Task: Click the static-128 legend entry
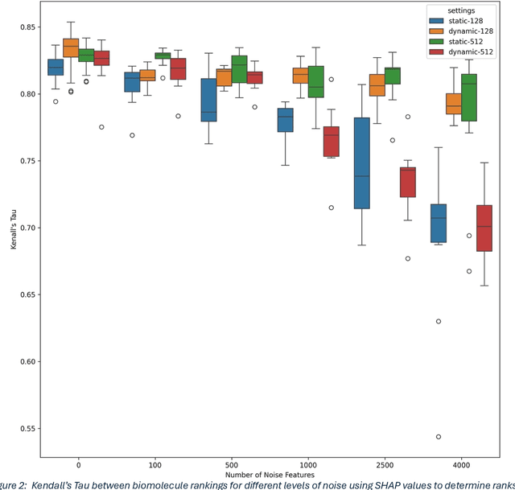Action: click(x=461, y=20)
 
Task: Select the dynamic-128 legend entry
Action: click(x=463, y=31)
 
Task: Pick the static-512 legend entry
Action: click(x=461, y=42)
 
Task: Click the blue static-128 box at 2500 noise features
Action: click(x=361, y=163)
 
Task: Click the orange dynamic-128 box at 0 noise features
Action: click(x=71, y=47)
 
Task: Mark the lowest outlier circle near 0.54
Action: click(x=438, y=437)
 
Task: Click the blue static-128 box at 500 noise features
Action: click(x=208, y=100)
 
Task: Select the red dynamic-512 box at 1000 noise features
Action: click(x=330, y=142)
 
